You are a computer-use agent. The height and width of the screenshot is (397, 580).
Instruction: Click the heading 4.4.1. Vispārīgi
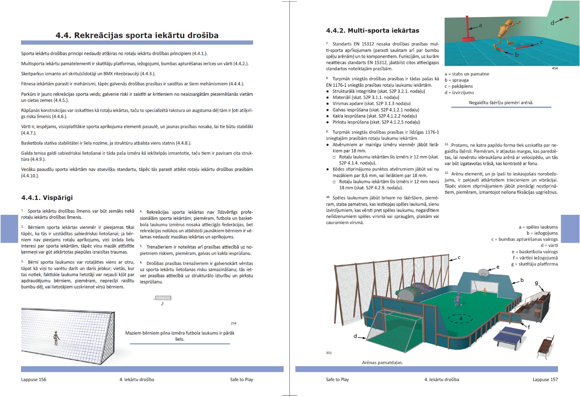(x=47, y=198)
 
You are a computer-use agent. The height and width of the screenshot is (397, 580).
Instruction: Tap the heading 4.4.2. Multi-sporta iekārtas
(x=372, y=30)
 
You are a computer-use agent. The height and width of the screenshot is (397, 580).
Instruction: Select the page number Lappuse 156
(x=34, y=380)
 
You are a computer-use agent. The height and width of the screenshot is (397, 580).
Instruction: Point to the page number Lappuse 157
(x=545, y=380)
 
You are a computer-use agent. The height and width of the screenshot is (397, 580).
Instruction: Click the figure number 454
(x=555, y=68)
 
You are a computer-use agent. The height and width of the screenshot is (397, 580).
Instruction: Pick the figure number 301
(x=329, y=353)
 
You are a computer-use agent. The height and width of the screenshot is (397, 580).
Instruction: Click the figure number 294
(x=233, y=323)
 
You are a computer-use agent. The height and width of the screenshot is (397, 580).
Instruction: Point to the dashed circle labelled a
(x=461, y=319)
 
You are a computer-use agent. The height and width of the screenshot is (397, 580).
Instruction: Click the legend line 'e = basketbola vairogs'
(x=535, y=252)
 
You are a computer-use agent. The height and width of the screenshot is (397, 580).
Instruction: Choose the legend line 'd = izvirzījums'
(x=459, y=93)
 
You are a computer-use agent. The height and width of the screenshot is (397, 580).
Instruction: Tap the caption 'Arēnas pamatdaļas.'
(x=382, y=363)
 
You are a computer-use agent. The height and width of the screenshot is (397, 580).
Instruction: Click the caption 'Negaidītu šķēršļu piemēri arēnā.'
(x=501, y=103)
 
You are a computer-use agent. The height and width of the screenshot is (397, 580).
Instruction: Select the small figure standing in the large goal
(x=56, y=337)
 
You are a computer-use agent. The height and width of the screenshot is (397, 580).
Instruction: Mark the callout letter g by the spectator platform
(x=536, y=283)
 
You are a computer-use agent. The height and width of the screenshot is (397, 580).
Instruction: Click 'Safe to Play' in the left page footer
(x=241, y=380)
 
